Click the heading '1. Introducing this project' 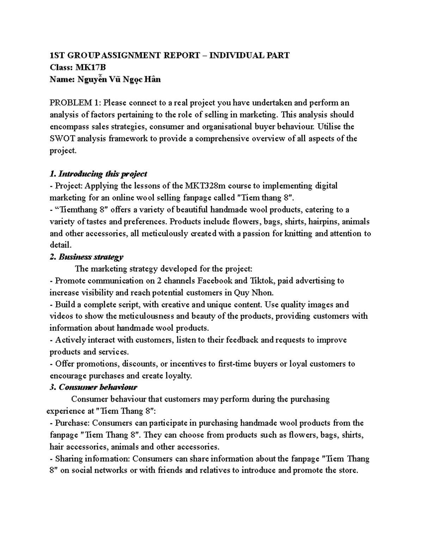pyautogui.click(x=98, y=174)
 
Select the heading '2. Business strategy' pyautogui.click(x=86, y=257)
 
